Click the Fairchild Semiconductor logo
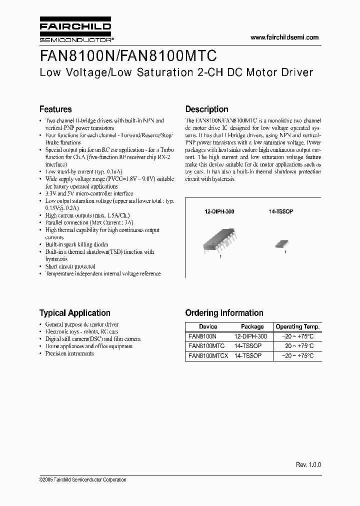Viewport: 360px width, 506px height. (x=75, y=31)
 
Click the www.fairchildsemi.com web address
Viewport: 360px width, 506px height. (x=284, y=37)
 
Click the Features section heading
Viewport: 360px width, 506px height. (x=55, y=109)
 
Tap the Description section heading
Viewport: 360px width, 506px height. (x=206, y=109)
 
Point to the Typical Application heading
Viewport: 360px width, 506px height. (x=75, y=313)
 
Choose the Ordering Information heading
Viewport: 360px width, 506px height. (x=224, y=313)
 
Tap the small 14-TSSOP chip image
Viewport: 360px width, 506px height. (x=280, y=244)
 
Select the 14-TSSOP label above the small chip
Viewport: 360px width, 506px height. (x=281, y=212)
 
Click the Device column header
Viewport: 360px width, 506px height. (x=208, y=326)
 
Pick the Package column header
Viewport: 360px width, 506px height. (x=252, y=326)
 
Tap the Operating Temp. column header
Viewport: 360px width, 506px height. (x=298, y=326)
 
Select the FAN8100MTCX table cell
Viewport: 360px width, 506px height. (x=208, y=356)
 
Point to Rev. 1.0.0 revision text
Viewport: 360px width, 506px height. (x=308, y=464)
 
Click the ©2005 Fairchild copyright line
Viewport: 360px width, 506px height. (x=82, y=480)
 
